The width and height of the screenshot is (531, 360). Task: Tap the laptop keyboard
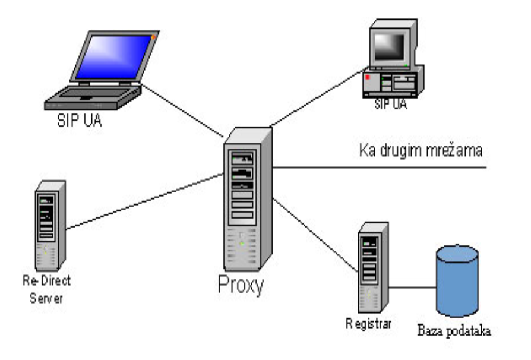89,94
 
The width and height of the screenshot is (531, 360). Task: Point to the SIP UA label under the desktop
391,105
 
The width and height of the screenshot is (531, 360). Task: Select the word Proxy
240,286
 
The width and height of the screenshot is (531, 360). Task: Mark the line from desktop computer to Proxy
315,97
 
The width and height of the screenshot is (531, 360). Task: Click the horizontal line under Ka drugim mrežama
380,167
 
